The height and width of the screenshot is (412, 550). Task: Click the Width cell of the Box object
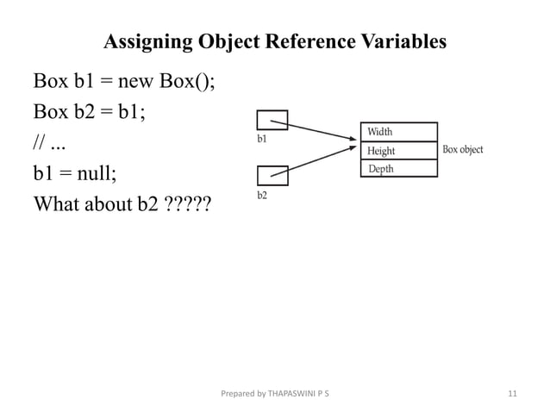[x=398, y=132]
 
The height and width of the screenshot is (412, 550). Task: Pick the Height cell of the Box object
[x=398, y=151]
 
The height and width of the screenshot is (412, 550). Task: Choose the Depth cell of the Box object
[x=398, y=169]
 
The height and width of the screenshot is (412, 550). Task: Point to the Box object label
[x=463, y=149]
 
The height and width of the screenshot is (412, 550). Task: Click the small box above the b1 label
[x=272, y=120]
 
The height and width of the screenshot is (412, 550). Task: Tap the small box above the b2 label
[x=272, y=176]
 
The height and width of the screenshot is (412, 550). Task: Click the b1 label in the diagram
[x=262, y=137]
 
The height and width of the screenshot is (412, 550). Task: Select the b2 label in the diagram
[x=262, y=196]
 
